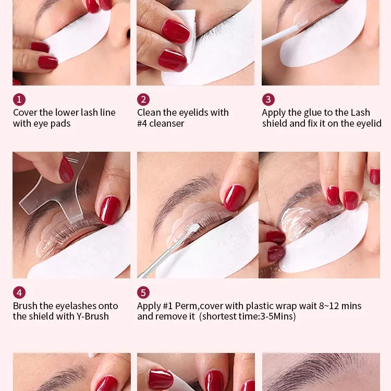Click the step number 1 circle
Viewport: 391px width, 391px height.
[19, 100]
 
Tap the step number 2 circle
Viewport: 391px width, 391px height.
[143, 100]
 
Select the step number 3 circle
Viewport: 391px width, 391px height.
[268, 100]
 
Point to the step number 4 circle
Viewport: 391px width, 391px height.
[19, 292]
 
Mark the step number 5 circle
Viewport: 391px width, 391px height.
[143, 292]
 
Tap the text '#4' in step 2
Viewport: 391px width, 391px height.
[142, 124]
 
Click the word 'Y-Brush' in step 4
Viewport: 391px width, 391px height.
[92, 316]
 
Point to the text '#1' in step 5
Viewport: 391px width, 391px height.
[167, 306]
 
